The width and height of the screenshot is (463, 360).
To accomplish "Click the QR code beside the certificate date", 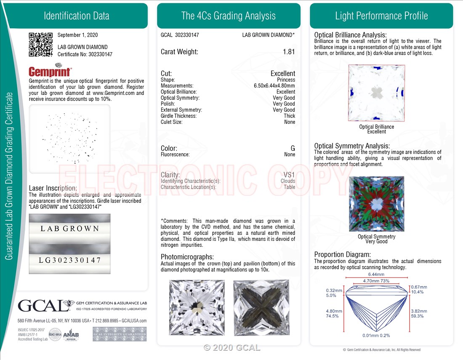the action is (41, 45).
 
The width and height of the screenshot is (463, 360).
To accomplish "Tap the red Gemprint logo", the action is (50, 71).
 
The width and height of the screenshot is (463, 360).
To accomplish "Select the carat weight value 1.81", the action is (289, 52).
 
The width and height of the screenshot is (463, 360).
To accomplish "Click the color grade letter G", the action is (293, 148).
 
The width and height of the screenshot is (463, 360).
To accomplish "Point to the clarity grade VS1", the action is (289, 175).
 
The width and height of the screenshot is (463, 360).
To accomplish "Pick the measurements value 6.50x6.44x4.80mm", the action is (274, 85).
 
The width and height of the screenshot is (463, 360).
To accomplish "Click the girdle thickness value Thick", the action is (290, 116).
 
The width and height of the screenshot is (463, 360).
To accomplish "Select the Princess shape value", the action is (286, 80).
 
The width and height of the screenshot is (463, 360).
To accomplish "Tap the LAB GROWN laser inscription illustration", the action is (70, 229).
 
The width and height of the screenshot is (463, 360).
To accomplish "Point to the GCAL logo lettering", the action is (43, 305).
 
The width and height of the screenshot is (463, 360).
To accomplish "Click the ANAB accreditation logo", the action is (71, 335).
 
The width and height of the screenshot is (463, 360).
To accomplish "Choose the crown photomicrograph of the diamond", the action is (197, 307).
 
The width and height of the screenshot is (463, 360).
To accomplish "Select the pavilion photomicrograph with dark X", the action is (261, 307).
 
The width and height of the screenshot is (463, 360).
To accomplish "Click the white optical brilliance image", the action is (376, 93).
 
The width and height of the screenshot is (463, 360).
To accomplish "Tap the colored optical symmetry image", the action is (376, 204).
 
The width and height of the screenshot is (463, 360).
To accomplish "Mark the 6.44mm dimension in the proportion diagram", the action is (376, 275).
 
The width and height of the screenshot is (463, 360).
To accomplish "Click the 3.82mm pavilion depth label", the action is (419, 311).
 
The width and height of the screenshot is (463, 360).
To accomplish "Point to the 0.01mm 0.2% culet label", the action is (376, 336).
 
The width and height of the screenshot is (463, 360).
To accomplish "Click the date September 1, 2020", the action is (78, 35).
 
